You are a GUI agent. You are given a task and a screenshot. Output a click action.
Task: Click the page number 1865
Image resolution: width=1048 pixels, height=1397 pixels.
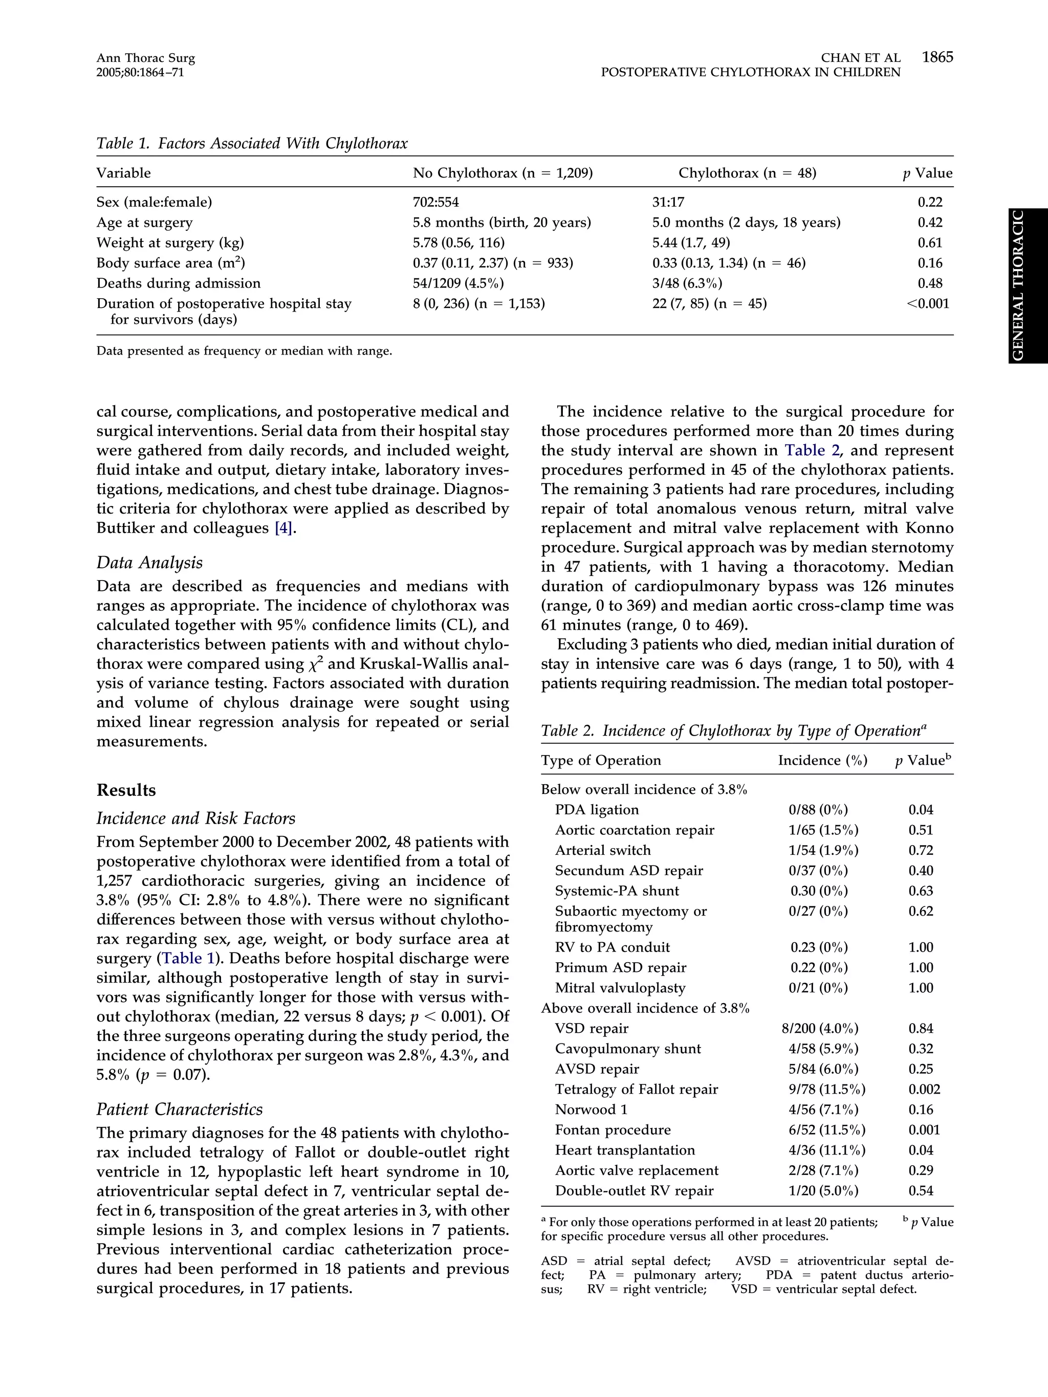[x=937, y=57]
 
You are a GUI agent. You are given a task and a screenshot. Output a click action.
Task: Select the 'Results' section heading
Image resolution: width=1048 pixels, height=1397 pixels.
[x=126, y=790]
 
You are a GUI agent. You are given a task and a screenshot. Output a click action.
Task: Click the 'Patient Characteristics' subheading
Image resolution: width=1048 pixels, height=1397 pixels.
[x=180, y=1109]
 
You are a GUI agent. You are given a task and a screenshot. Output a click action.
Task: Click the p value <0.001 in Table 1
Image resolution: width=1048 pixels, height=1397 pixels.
[x=927, y=304]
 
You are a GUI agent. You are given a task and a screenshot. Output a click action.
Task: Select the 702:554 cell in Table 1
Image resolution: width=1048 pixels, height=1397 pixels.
[x=436, y=202]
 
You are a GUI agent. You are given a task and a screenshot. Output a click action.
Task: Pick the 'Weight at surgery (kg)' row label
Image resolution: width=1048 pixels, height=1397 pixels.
[x=170, y=242]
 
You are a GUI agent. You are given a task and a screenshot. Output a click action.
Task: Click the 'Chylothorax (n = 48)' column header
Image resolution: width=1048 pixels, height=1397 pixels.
[x=747, y=173]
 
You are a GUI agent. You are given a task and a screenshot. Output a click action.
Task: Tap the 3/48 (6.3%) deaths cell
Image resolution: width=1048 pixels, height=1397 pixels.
[x=687, y=283]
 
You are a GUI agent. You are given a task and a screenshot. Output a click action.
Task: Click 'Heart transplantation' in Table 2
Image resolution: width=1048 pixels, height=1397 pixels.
[x=625, y=1150]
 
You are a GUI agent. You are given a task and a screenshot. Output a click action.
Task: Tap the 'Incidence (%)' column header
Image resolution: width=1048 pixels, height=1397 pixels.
[x=822, y=760]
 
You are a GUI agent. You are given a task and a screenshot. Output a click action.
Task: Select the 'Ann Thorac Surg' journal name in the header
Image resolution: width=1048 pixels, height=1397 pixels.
[x=145, y=58]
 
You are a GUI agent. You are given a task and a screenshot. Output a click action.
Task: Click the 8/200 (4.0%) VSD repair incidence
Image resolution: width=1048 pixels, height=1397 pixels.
[x=819, y=1029]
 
